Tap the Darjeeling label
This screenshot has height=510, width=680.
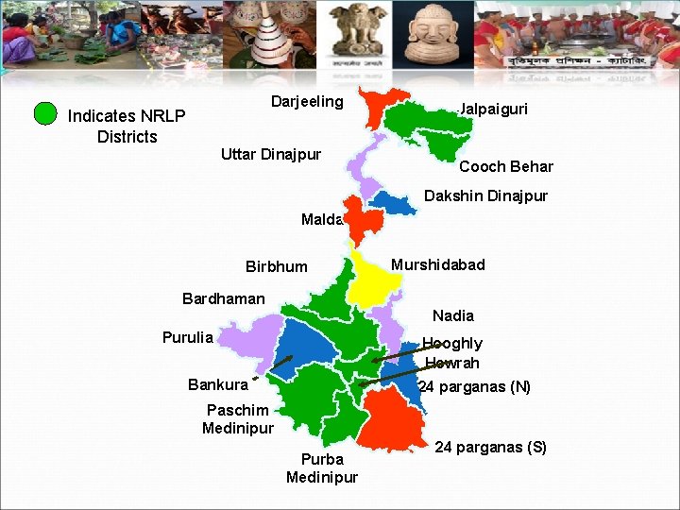tap(307, 102)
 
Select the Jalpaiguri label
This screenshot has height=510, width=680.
tap(493, 110)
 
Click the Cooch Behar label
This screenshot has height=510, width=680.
tap(505, 167)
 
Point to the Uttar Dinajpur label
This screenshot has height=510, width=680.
tap(271, 154)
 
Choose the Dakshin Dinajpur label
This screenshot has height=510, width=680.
tap(485, 196)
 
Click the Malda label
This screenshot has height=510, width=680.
tap(321, 220)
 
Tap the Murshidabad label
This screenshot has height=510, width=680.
tap(437, 264)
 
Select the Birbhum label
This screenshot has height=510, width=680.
tap(276, 266)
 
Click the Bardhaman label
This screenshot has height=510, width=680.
tap(223, 299)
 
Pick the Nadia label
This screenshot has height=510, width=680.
tap(452, 315)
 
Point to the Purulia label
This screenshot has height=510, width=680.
tap(187, 337)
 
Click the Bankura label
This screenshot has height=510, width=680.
tap(217, 384)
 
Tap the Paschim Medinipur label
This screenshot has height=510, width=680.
tap(238, 418)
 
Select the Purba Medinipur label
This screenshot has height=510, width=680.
tap(322, 468)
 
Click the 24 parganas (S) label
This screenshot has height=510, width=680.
tap(490, 447)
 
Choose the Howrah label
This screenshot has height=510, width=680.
tap(451, 364)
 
